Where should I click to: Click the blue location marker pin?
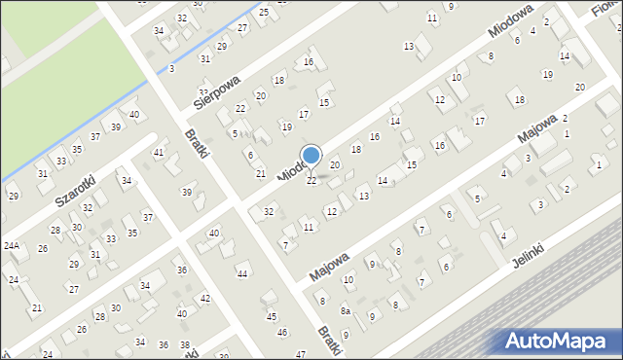tap(311, 156)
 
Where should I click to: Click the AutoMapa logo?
tap(559, 341)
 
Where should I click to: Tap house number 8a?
tap(345, 310)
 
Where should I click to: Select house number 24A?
tap(12, 246)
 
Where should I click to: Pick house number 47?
tap(300, 353)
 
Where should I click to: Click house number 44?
tap(241, 274)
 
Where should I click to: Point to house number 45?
tap(272, 316)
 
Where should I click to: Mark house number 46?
tap(282, 333)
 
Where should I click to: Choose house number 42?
tap(204, 298)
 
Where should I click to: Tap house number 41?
tap(159, 153)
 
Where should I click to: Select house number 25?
tap(264, 12)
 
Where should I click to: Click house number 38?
tap(183, 345)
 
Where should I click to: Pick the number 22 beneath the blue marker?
tap(311, 181)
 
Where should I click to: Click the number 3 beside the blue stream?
tap(171, 68)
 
